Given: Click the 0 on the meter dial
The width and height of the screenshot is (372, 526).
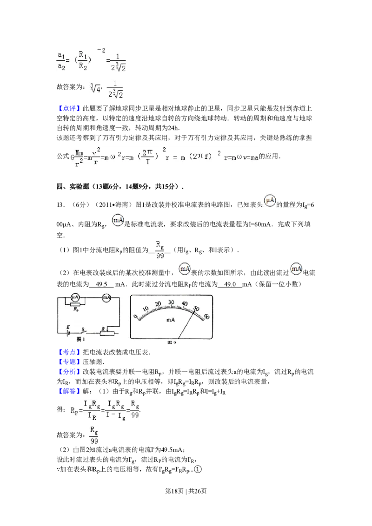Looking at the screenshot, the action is click(136, 317).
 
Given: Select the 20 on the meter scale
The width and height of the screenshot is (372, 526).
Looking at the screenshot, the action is click(158, 304).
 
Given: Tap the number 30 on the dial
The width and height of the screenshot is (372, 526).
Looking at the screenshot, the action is click(171, 302).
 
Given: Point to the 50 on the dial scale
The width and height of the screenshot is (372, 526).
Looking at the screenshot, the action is click(197, 308).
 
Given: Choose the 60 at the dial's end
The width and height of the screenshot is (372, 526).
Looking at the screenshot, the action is click(206, 316).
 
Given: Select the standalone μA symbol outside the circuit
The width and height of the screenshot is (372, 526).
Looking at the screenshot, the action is click(269, 199).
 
